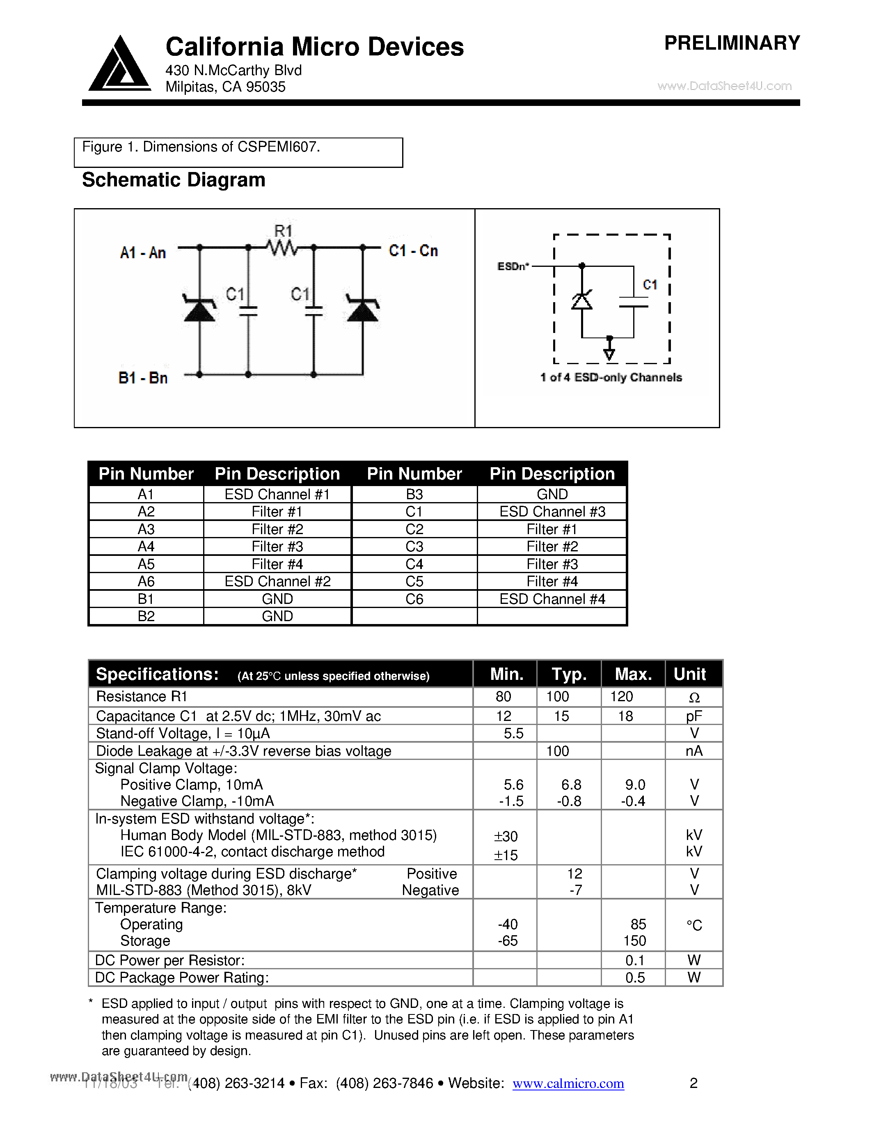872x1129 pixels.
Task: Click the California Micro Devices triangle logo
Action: click(120, 64)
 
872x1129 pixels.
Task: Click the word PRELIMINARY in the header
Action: click(732, 43)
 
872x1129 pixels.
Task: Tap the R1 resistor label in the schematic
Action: click(283, 231)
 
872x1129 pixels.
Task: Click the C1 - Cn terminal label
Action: click(413, 251)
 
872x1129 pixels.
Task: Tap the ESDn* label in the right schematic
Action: click(513, 266)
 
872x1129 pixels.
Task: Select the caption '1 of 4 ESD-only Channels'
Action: click(611, 377)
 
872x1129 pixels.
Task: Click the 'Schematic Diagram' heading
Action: click(174, 180)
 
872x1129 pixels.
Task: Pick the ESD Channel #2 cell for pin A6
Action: click(277, 582)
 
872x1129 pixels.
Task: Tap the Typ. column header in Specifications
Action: click(569, 674)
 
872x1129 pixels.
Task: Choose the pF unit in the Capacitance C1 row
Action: click(694, 716)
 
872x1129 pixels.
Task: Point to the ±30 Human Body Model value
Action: click(505, 836)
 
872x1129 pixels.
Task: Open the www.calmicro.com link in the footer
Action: click(568, 1083)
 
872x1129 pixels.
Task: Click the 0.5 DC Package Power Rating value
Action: click(634, 978)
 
